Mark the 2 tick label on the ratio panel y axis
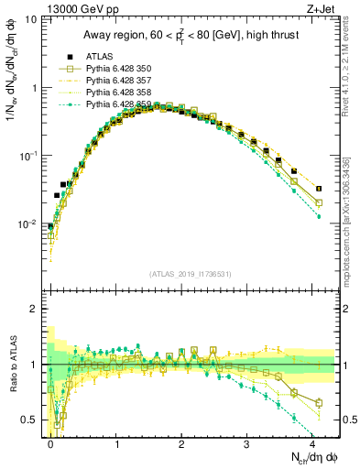pos(35,309)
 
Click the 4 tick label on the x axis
pos(313,442)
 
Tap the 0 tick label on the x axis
pos(51,442)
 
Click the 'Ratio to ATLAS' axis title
pos(12,366)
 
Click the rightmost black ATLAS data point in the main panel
pos(318,189)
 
